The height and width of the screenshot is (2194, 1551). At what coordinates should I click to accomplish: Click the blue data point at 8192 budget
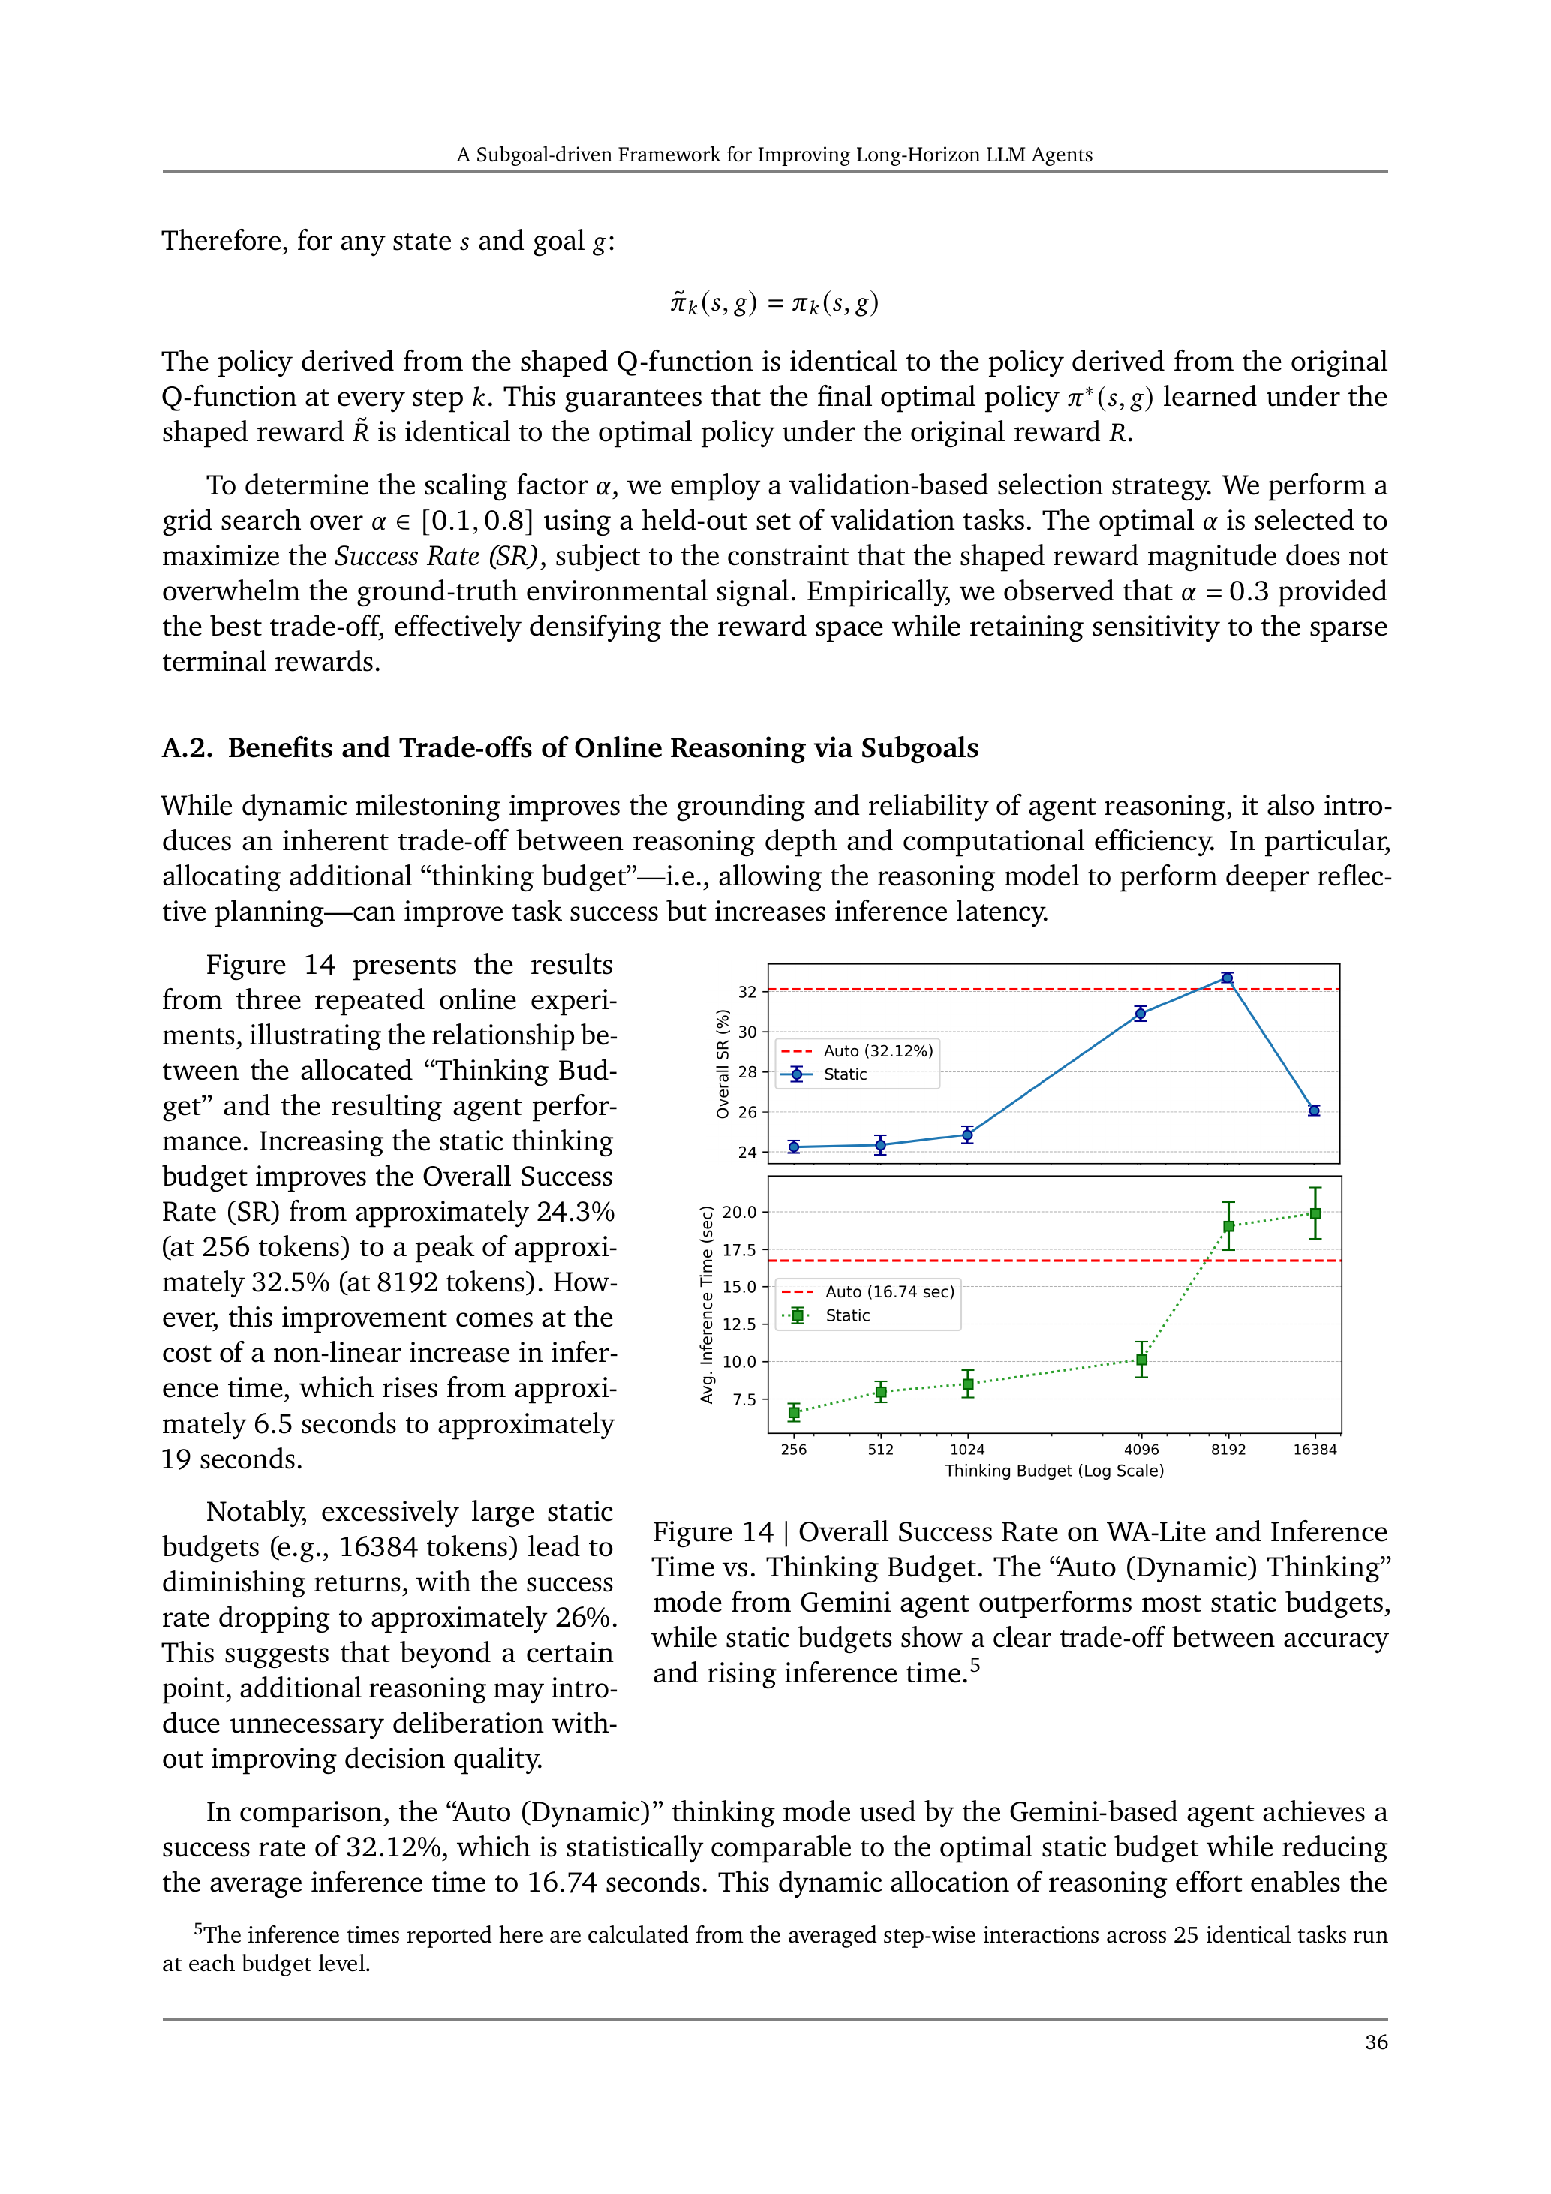(x=1227, y=978)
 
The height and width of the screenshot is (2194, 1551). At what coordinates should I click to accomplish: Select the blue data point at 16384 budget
(x=1314, y=1111)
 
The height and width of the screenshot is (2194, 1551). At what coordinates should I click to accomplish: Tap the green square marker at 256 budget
(x=793, y=1412)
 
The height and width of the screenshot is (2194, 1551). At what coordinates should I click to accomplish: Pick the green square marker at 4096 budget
(x=1141, y=1360)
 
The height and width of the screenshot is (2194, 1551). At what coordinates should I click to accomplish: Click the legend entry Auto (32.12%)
(x=877, y=1051)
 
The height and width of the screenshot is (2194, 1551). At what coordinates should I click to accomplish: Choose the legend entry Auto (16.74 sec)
(x=888, y=1292)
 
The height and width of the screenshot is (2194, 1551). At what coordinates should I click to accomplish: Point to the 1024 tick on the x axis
(x=967, y=1450)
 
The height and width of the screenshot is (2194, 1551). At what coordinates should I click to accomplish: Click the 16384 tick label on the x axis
(x=1314, y=1450)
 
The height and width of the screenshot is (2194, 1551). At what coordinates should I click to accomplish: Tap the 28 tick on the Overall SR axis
(x=747, y=1072)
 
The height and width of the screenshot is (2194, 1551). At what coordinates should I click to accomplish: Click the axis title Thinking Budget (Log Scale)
(x=1054, y=1471)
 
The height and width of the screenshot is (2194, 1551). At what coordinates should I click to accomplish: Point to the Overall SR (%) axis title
(x=723, y=1063)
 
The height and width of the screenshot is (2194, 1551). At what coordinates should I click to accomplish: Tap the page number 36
(x=1375, y=2042)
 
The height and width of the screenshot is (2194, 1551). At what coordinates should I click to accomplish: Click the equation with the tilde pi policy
(x=774, y=303)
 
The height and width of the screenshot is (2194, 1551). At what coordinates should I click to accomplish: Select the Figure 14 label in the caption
(x=712, y=1531)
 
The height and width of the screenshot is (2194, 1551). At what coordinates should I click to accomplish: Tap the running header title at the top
(x=774, y=155)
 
